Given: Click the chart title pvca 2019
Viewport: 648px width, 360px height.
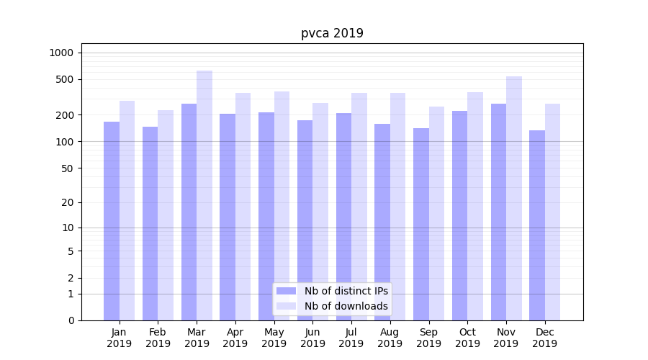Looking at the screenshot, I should [332, 33].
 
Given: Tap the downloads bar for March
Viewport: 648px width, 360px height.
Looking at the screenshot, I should [204, 194].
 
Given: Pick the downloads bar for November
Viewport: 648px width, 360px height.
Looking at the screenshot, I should [514, 198].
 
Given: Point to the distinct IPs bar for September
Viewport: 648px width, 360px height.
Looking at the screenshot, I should [421, 224].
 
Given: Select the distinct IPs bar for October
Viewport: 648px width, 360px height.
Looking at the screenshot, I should [460, 215].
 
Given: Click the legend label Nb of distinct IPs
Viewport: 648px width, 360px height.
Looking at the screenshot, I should [346, 291].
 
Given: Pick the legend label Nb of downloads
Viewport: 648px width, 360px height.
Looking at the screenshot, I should [346, 306].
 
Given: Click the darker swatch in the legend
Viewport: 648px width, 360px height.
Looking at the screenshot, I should [287, 291].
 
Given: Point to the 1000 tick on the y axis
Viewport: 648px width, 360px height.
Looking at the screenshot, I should [61, 53].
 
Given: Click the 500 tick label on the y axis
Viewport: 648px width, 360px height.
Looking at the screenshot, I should [65, 79].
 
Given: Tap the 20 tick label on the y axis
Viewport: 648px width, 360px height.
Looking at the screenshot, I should [68, 202].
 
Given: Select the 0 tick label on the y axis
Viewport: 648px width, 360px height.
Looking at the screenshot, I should [71, 320].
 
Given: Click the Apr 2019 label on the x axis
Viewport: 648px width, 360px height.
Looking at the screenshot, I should [235, 338].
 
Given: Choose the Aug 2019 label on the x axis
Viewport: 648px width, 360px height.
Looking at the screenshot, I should [390, 338].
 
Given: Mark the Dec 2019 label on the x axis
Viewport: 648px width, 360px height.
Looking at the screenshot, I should [545, 338].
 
